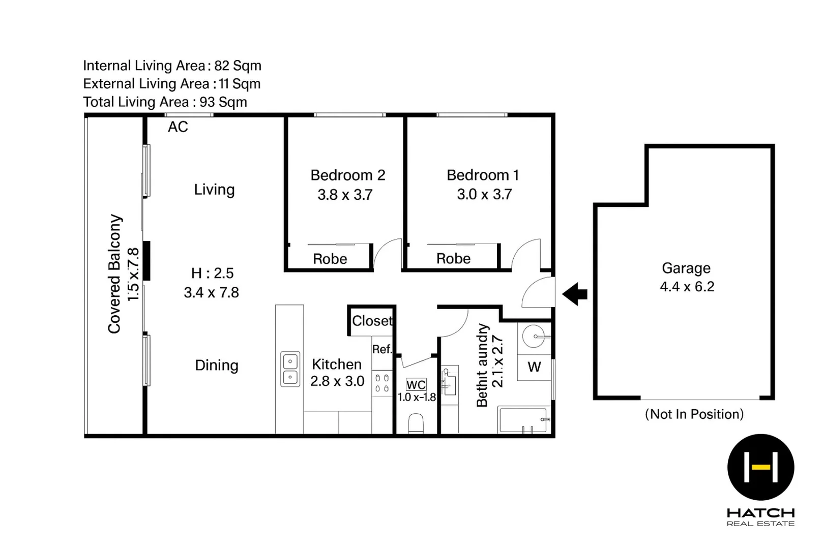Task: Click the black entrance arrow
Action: (x=575, y=294)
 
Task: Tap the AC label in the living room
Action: (x=178, y=127)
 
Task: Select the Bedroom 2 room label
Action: (x=347, y=175)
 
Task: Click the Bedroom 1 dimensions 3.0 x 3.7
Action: (x=484, y=194)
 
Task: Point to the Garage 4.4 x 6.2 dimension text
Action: (x=687, y=287)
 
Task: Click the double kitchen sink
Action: (x=290, y=370)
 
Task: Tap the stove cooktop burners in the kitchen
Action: (x=382, y=383)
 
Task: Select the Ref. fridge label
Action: (x=381, y=349)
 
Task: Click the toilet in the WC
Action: (x=416, y=423)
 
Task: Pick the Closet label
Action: (x=372, y=321)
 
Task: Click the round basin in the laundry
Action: (x=534, y=336)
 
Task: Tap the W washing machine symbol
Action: (x=534, y=367)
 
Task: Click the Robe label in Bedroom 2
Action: (x=330, y=259)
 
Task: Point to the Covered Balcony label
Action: (x=115, y=274)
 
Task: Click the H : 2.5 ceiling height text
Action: (x=212, y=273)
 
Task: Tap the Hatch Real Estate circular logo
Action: (x=760, y=467)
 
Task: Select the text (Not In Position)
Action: (x=694, y=414)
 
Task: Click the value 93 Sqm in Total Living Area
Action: (x=223, y=102)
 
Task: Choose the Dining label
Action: (x=217, y=365)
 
